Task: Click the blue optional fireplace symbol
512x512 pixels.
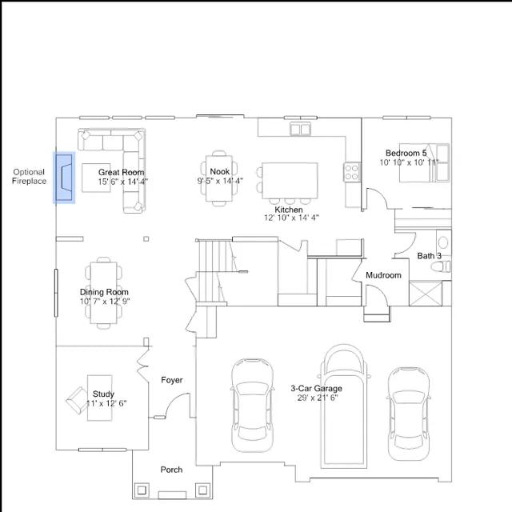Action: [64, 178]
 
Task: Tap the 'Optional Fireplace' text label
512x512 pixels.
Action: [29, 176]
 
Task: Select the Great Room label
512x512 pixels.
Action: [121, 172]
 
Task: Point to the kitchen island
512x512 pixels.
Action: [290, 180]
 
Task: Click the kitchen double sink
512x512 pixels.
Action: [301, 130]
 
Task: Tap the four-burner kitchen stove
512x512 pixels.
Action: [352, 172]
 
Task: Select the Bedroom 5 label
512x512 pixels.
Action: [406, 153]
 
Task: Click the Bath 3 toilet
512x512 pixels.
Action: [441, 266]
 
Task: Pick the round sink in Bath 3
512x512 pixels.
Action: [443, 242]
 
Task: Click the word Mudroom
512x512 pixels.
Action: [383, 275]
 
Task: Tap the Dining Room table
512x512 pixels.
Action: [103, 293]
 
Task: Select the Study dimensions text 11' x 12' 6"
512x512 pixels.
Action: [106, 403]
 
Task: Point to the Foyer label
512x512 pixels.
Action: [172, 380]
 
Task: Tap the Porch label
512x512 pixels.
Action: [171, 470]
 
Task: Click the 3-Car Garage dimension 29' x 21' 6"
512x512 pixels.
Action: [318, 398]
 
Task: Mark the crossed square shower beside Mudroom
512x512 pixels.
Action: [426, 294]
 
